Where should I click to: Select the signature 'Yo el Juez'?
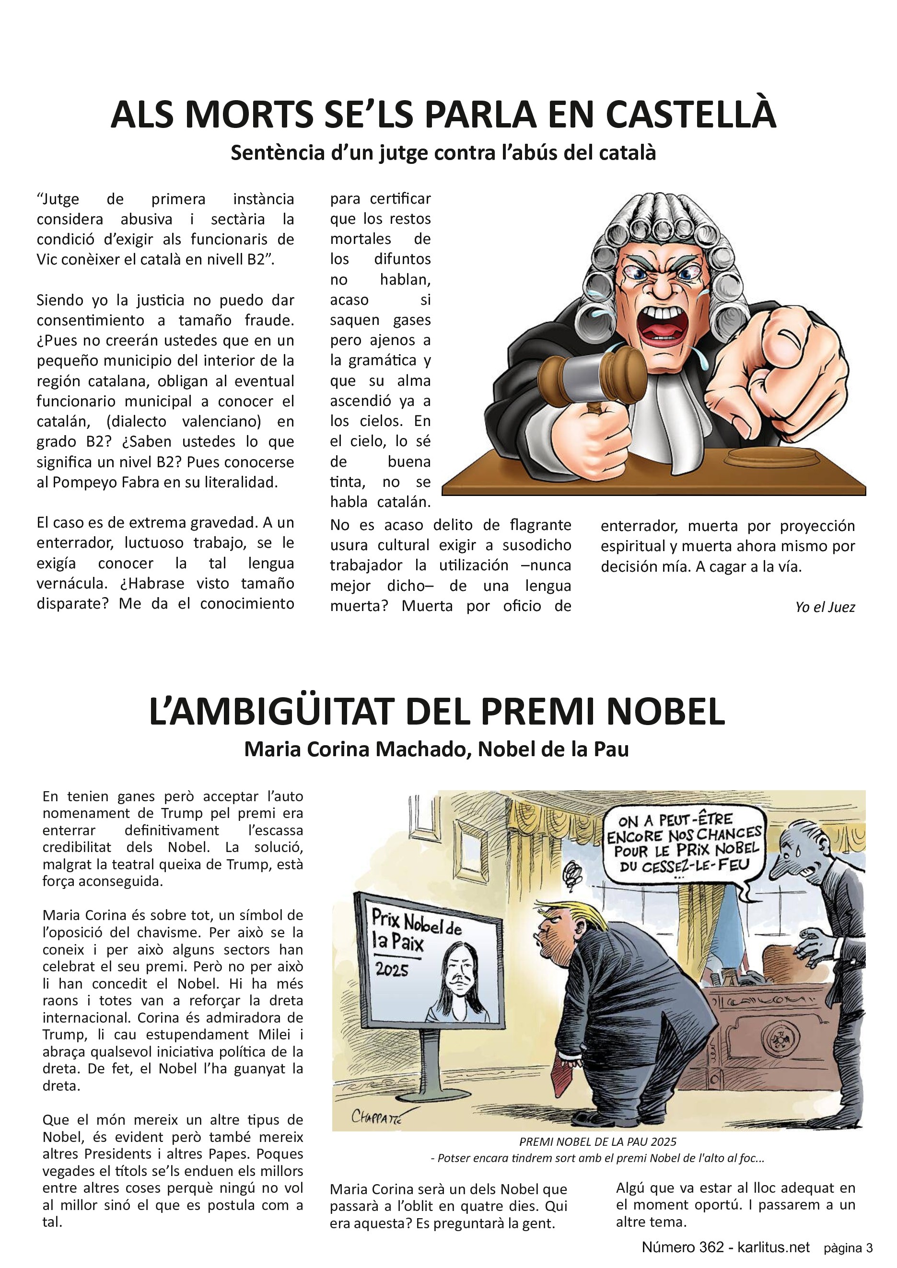[x=825, y=608]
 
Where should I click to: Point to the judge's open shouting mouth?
[x=662, y=323]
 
